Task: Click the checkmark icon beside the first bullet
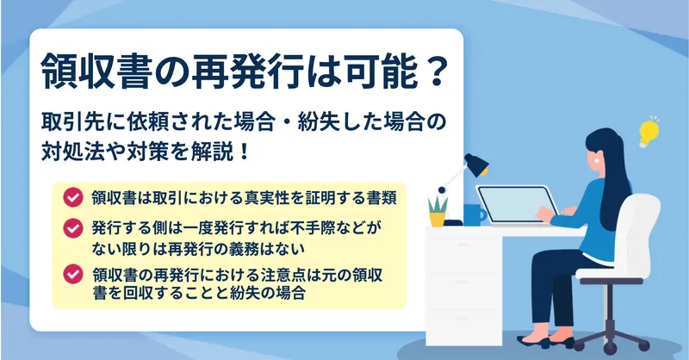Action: [x=73, y=197]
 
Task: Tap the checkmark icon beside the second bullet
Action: [x=73, y=228]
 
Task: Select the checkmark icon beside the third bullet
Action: [x=73, y=274]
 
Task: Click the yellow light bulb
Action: [x=649, y=132]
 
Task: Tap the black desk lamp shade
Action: [x=477, y=164]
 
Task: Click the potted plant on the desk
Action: [x=438, y=212]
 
